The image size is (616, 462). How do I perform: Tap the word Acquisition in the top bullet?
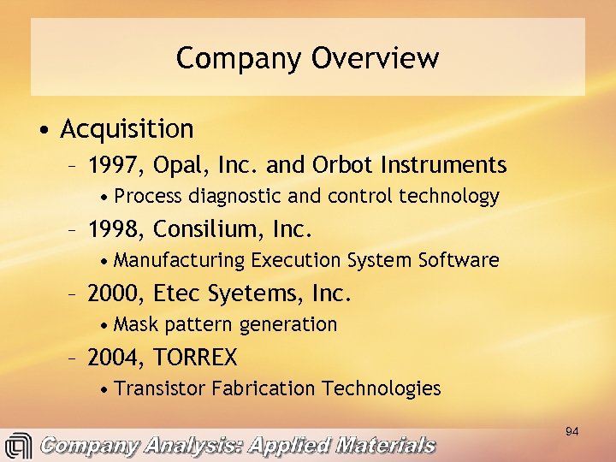point(127,129)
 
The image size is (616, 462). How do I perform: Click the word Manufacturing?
point(179,260)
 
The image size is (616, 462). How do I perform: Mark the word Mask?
point(134,324)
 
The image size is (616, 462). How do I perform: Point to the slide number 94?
point(572,432)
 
